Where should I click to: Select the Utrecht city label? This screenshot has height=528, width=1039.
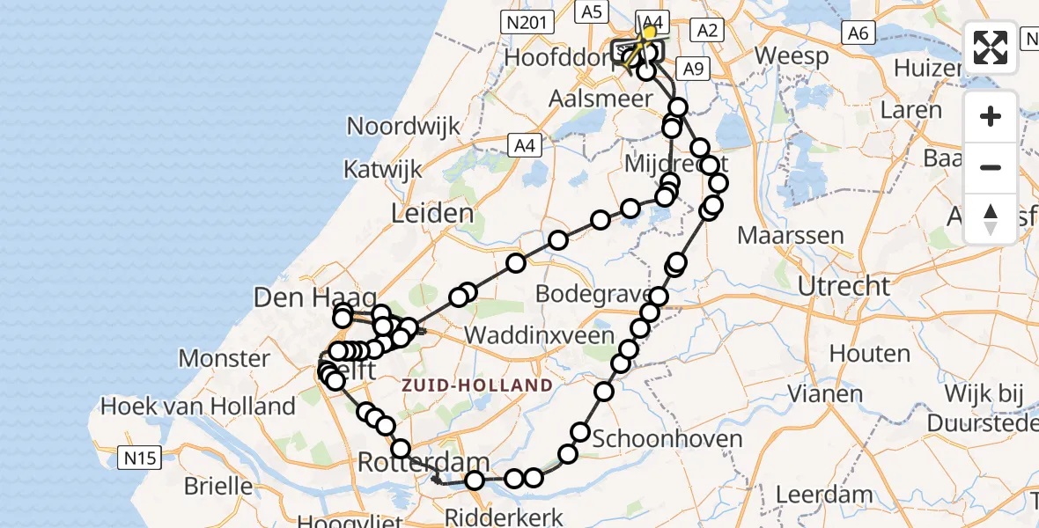(844, 286)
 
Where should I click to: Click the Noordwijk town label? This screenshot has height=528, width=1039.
(403, 126)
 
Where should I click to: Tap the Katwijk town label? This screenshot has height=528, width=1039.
(384, 169)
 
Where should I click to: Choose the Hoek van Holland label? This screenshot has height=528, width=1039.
(198, 407)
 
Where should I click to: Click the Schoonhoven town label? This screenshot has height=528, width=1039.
(668, 438)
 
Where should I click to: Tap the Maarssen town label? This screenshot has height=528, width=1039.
(791, 236)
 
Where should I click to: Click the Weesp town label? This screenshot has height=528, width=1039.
(792, 56)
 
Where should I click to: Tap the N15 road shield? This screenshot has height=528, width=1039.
(139, 457)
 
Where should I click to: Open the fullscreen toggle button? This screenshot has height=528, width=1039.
(991, 48)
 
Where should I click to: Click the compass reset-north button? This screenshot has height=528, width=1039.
(991, 218)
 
